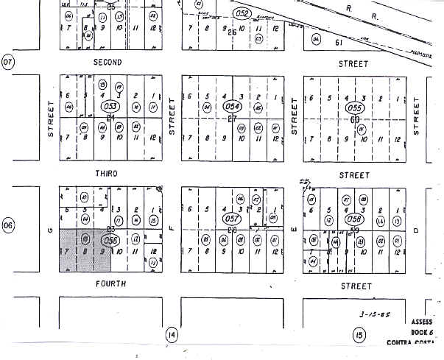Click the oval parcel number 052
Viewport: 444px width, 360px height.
point(242,13)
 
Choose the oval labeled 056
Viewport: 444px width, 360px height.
point(111,240)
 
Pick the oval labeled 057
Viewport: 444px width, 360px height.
point(233,219)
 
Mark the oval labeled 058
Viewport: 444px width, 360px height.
point(355,219)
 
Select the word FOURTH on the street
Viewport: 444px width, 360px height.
point(110,283)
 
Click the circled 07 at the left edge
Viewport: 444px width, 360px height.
point(8,62)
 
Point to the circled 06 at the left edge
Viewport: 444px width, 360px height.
point(8,226)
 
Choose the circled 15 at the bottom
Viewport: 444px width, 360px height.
point(359,336)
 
